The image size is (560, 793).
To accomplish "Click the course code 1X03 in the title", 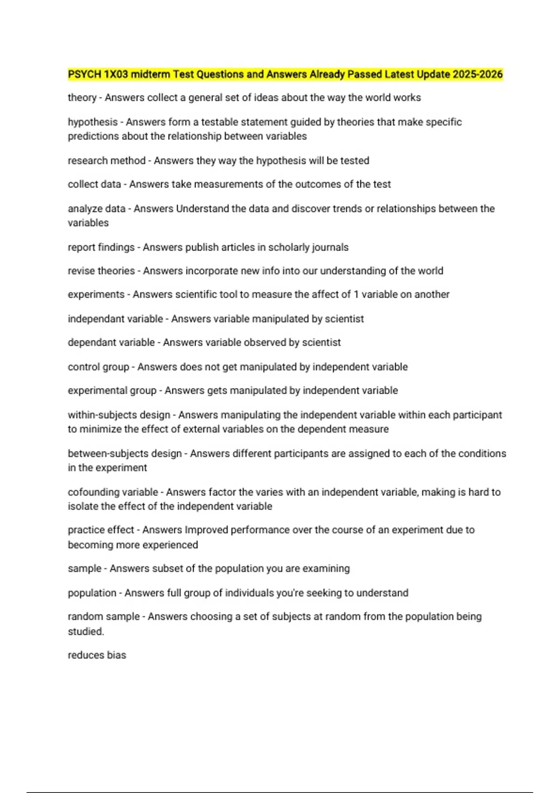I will [x=116, y=74].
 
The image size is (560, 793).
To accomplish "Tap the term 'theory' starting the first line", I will [x=82, y=98].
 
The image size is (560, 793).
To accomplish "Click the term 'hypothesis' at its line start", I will [x=92, y=122].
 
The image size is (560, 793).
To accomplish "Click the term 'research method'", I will [x=106, y=161].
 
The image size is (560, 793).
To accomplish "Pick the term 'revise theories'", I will [x=101, y=271].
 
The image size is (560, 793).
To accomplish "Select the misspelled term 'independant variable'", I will [x=115, y=319].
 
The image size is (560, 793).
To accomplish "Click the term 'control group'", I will [x=98, y=367].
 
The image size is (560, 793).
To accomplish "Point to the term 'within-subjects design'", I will [x=119, y=415].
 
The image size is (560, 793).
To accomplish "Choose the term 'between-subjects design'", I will [x=125, y=453].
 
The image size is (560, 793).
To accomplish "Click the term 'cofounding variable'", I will [x=113, y=492].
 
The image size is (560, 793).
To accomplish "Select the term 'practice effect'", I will [x=101, y=530].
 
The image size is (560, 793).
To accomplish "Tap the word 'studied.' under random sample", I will [x=86, y=632].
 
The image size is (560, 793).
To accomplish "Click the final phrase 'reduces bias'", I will [x=97, y=655].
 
